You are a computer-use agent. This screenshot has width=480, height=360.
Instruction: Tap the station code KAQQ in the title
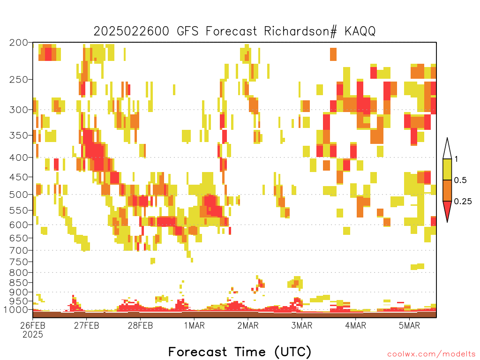360,31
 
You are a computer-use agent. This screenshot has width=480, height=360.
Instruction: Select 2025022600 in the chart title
131,31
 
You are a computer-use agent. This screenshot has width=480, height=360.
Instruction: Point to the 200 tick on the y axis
18,43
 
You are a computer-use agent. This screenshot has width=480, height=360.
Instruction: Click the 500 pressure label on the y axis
18,195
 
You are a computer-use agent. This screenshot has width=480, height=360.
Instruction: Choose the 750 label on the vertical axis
18,262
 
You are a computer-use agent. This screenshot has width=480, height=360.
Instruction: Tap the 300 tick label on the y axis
18,110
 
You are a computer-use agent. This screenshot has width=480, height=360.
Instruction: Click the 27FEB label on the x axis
86,325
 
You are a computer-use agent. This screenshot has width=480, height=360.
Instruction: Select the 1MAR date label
194,325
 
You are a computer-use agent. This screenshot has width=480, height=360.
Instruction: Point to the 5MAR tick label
409,325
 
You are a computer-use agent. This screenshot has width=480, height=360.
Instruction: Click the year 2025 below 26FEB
33,335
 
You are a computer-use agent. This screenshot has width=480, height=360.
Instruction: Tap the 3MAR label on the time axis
301,325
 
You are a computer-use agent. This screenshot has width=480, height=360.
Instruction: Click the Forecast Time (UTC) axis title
240,352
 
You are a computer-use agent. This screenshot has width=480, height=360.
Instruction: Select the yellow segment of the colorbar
447,169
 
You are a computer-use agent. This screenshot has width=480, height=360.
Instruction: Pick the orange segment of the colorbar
447,190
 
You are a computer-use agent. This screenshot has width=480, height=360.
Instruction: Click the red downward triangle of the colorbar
447,210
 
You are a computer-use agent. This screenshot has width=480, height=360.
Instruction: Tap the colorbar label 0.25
463,201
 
